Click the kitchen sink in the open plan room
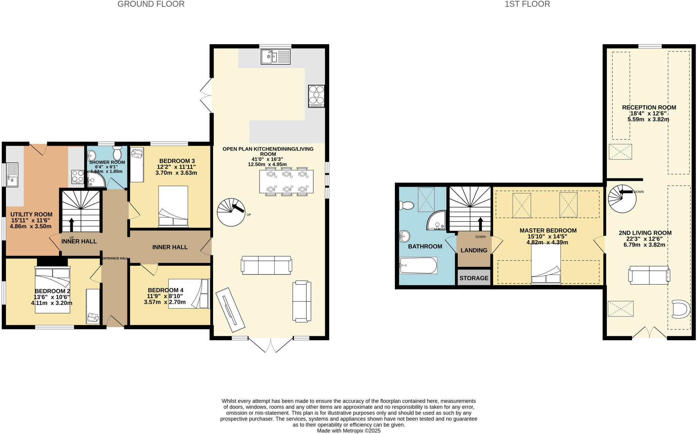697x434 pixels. pos(276,57)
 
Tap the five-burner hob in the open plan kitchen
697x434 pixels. pos(316,96)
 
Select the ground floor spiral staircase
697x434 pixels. pos(231,212)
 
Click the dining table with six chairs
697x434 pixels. pos(286,182)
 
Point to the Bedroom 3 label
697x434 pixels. pos(177,161)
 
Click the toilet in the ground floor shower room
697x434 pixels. pos(117,153)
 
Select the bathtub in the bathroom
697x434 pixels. pos(418,265)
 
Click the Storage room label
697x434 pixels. pos(474,278)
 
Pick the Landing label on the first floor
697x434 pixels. pos(474,250)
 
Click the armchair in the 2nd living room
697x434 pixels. pos(681,309)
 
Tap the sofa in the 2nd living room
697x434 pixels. pos(649,275)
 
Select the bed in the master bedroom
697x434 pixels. pos(546,264)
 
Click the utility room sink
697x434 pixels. pos(12,175)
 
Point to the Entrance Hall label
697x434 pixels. pos(115,259)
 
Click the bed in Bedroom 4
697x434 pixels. pos(189,294)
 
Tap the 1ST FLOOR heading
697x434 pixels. pos(527,4)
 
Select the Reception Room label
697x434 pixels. pos(649,107)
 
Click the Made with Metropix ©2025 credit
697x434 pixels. pos(348,431)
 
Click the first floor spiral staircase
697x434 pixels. pos(622,199)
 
